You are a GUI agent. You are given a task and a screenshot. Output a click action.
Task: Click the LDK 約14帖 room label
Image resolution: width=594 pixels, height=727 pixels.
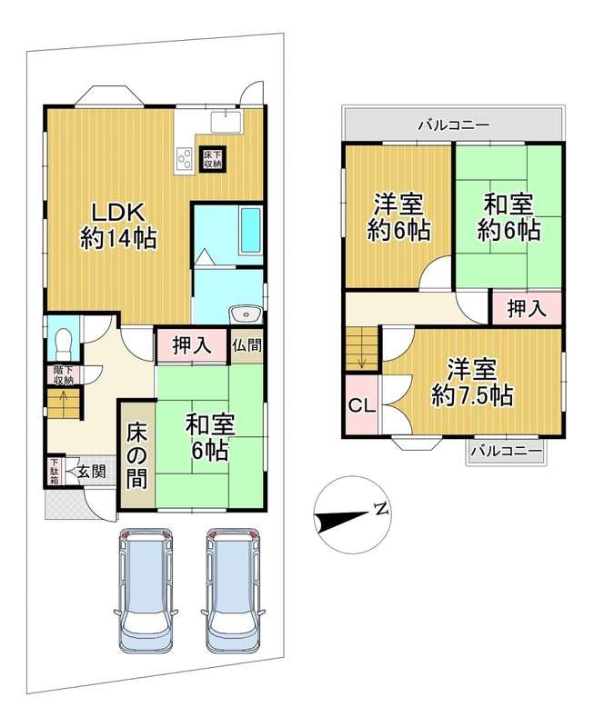tap(118, 225)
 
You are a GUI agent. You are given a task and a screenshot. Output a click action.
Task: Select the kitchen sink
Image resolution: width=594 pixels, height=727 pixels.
tap(226, 123)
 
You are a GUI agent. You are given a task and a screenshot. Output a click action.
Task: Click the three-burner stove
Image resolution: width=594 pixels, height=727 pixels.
tap(185, 157)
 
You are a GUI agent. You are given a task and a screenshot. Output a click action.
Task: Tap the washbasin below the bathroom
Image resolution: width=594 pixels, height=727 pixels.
tap(246, 315)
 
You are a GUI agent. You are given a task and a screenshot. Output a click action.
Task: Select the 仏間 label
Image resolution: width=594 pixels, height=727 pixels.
tap(247, 345)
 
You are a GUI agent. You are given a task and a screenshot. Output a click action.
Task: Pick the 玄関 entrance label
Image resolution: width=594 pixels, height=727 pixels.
tap(92, 473)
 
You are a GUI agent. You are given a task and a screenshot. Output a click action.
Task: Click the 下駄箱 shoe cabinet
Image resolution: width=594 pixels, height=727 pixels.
tap(55, 472)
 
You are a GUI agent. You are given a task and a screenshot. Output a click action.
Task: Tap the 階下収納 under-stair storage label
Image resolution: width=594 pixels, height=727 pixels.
tap(64, 376)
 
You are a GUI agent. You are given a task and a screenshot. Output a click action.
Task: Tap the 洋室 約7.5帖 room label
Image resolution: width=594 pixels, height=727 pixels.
tap(472, 382)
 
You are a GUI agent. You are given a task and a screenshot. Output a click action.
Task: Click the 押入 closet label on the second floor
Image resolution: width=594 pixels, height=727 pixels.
tap(527, 309)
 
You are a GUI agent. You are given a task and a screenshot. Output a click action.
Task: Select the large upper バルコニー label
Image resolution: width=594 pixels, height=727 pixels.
tap(454, 125)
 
